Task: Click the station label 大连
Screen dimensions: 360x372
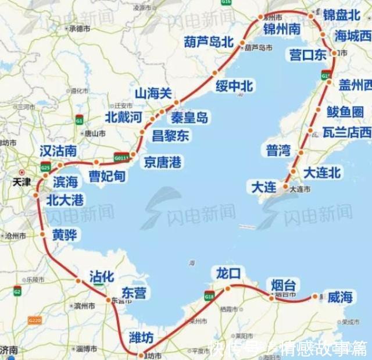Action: (x=264, y=187)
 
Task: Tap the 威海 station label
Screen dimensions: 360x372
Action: (x=340, y=297)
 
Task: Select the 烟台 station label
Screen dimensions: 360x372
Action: (x=284, y=285)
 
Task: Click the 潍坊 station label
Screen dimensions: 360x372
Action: (x=142, y=337)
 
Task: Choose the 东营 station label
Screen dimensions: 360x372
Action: (x=134, y=293)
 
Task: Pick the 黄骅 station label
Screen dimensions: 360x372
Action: (x=64, y=235)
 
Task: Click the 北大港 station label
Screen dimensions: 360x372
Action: (x=65, y=201)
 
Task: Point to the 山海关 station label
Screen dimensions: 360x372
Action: (x=153, y=93)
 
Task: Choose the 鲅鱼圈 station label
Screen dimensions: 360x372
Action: (x=345, y=112)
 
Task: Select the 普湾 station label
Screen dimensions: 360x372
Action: (x=278, y=151)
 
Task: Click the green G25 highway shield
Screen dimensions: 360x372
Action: (x=46, y=167)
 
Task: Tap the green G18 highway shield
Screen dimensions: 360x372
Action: (x=209, y=296)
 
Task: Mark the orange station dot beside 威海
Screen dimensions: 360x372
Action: (x=316, y=297)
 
